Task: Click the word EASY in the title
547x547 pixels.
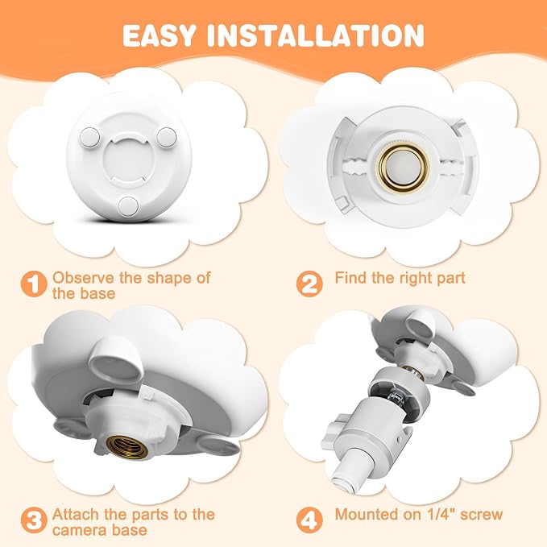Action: pos(159,35)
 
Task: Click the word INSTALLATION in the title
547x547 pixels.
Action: pos(315,35)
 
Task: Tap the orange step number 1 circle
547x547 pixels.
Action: pos(34,284)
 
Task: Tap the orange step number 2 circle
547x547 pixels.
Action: pos(309,284)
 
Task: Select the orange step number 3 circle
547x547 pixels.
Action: pos(34,521)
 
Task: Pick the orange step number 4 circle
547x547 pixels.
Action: pos(309,521)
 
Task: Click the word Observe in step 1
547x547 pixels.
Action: pos(83,278)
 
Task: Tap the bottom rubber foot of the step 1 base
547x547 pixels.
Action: pos(128,205)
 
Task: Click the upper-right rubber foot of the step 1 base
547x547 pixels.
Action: pos(167,137)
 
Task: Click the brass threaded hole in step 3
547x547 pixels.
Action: pos(127,447)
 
